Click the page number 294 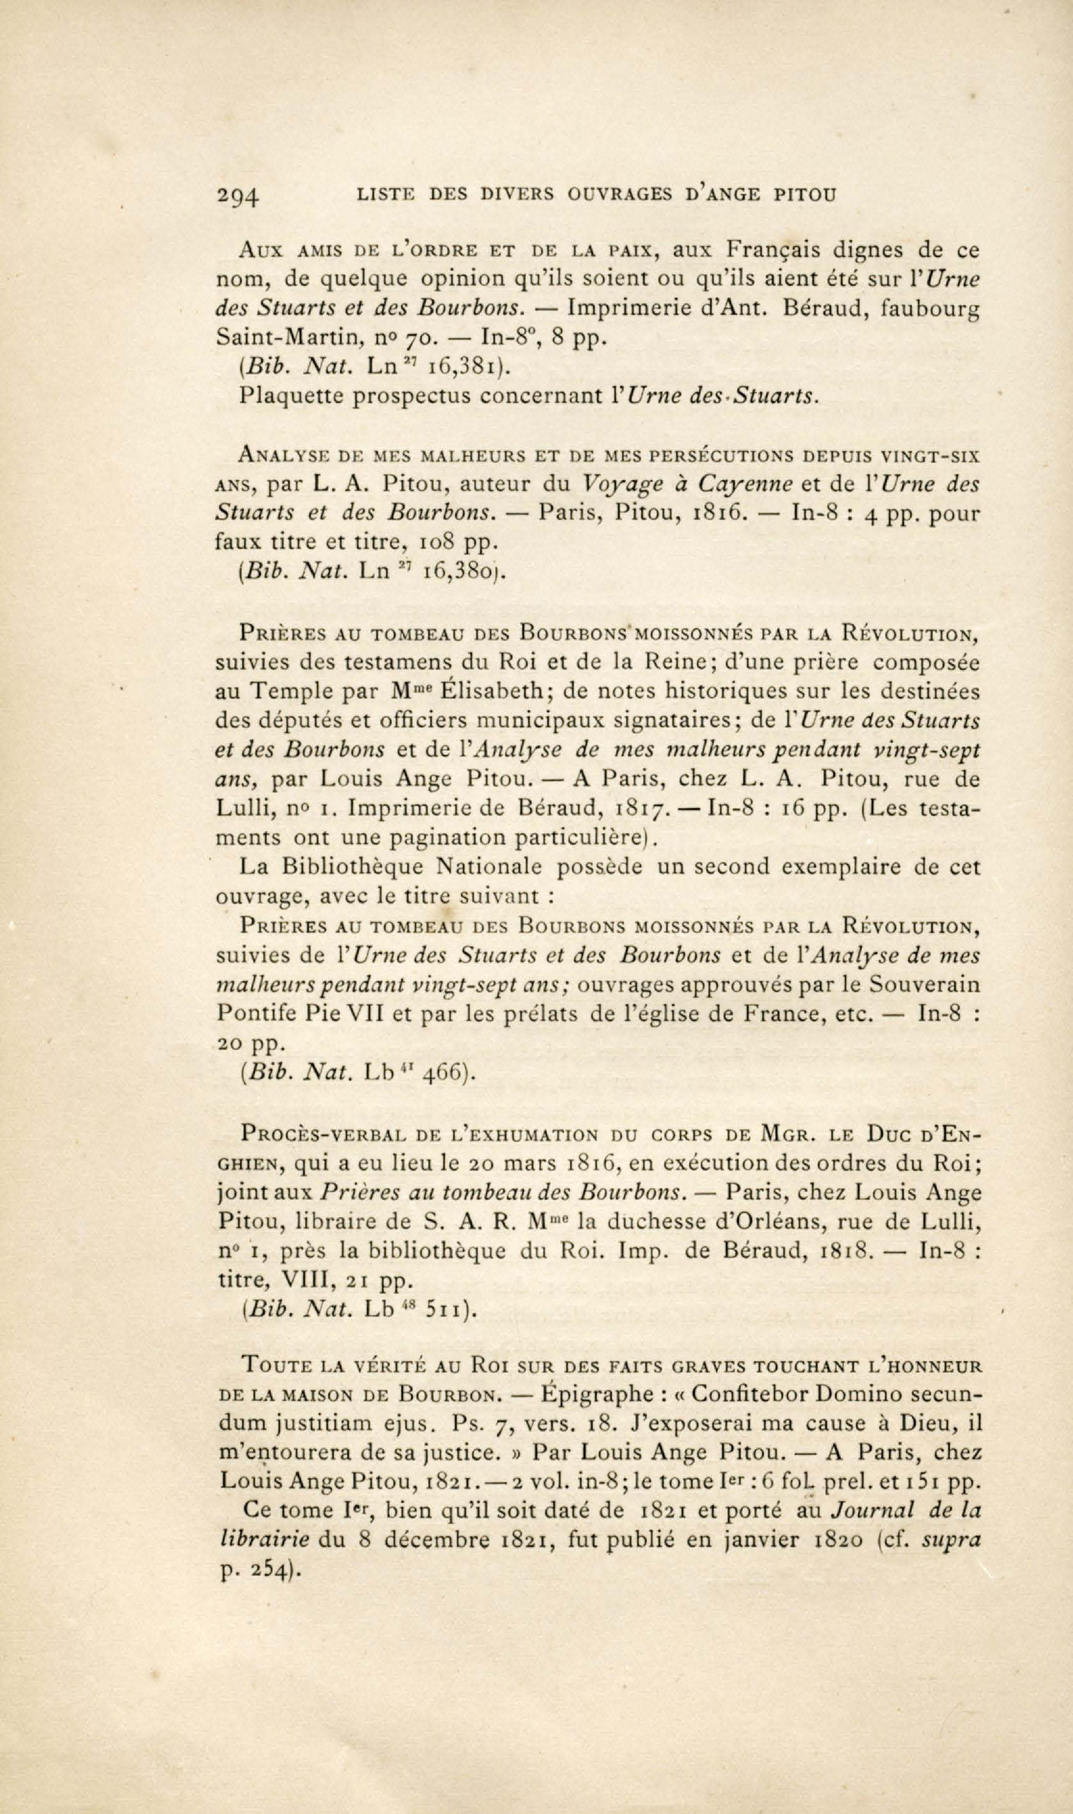click(x=238, y=197)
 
